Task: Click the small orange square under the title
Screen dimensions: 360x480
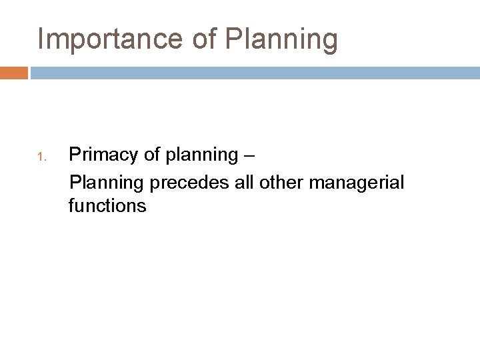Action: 14,72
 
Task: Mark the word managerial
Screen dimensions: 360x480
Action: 352,182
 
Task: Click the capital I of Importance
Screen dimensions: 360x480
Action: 41,39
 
